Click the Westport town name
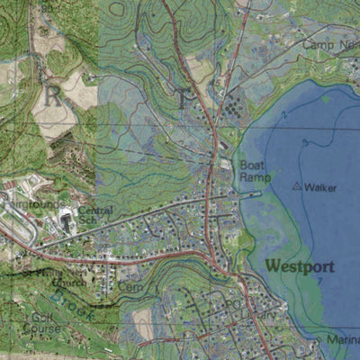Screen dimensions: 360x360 301,266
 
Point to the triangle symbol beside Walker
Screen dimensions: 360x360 297,186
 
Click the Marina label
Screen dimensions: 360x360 344,340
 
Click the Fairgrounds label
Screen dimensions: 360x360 27,205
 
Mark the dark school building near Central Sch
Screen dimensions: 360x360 66,220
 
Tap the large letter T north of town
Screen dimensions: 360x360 184,99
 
